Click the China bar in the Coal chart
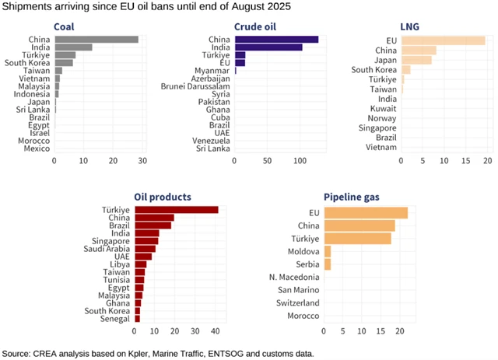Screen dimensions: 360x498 point(96,39)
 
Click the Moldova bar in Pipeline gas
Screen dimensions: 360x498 point(327,250)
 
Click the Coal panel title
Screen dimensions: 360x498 point(65,26)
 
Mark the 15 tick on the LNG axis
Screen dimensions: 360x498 point(465,161)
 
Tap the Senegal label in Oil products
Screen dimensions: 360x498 point(115,319)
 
